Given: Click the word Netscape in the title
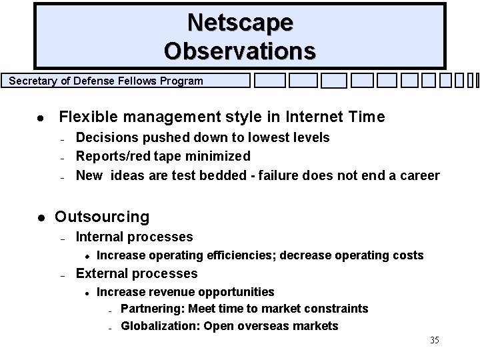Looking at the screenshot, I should pyautogui.click(x=240, y=22).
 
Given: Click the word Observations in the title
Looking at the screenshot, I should pyautogui.click(x=240, y=50).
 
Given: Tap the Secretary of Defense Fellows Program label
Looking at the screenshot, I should pyautogui.click(x=106, y=81).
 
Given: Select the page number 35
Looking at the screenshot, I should pyautogui.click(x=434, y=340).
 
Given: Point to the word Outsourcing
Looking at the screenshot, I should pyautogui.click(x=102, y=217).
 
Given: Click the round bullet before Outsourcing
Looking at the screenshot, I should pyautogui.click(x=41, y=217).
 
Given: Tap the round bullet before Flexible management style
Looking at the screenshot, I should pyautogui.click(x=41, y=118).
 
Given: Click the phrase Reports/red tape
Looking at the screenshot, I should pyautogui.click(x=127, y=156).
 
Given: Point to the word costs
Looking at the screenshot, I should pyautogui.click(x=408, y=255).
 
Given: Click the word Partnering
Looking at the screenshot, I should pyautogui.click(x=152, y=309).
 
